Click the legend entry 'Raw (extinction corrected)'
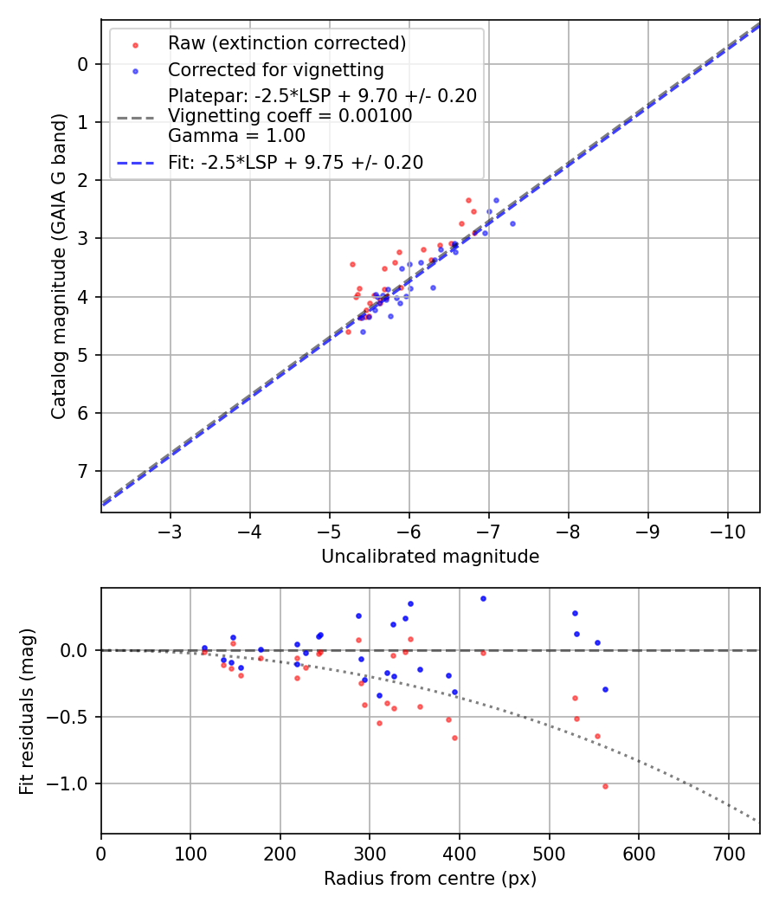pos(286,43)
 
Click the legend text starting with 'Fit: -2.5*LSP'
pos(295,163)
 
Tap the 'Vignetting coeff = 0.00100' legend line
pos(290,116)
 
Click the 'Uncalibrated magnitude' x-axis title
pos(430,557)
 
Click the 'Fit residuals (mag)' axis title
pos(28,711)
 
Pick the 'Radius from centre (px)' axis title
pos(430,879)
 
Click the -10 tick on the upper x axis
pos(727,529)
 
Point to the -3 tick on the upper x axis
pos(170,529)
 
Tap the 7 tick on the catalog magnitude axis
pos(83,471)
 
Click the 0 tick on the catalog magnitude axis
pos(83,64)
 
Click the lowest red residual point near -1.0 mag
pos(605,786)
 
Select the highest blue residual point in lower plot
pos(483,598)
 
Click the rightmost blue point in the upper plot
pos(512,223)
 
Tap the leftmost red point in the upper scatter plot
pos(348,332)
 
